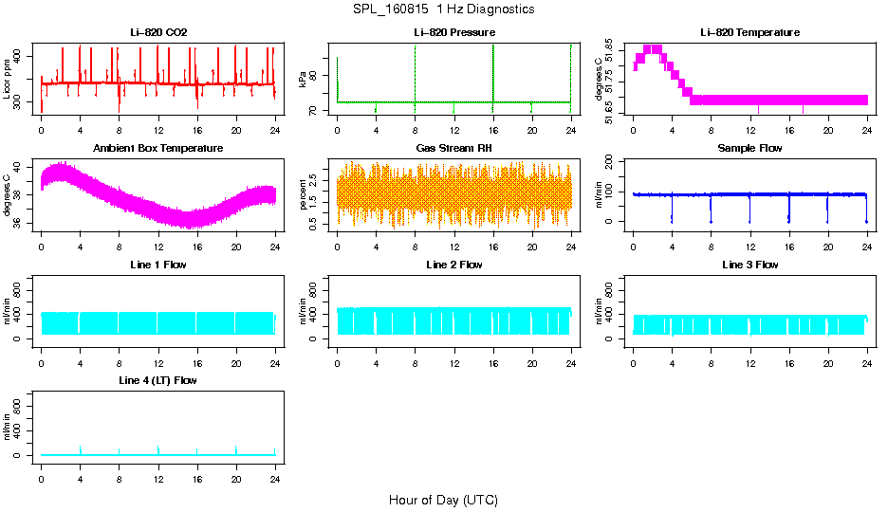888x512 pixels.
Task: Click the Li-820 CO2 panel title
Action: click(158, 33)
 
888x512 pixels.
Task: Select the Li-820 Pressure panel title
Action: click(453, 33)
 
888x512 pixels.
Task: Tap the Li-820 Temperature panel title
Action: click(749, 33)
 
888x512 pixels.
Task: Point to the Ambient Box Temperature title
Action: click(158, 149)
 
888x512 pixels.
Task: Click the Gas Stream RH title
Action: click(453, 149)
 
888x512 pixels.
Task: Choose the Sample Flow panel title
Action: click(749, 149)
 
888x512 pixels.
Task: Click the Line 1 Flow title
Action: click(158, 265)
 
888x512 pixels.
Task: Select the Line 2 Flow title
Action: click(453, 265)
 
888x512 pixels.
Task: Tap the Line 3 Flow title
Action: click(749, 265)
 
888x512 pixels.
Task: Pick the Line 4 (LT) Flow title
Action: click(158, 380)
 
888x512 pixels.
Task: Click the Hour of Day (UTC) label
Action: click(443, 500)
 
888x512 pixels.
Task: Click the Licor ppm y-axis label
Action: click(8, 79)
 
